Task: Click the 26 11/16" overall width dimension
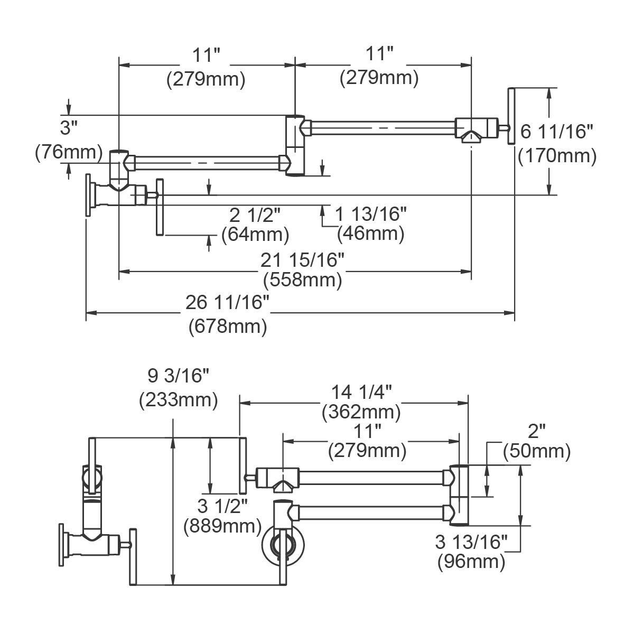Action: (x=228, y=303)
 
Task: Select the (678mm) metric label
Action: (x=228, y=327)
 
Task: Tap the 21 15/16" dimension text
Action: (x=303, y=260)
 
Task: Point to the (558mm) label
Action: (x=303, y=279)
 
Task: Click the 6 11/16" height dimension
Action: (x=557, y=131)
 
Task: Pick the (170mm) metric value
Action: (x=557, y=155)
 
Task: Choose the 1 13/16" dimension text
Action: (x=371, y=214)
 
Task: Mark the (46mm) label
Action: (x=370, y=232)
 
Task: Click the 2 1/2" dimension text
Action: (x=255, y=214)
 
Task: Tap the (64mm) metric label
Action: (x=255, y=233)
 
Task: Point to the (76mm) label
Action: (x=69, y=152)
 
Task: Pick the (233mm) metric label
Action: (x=179, y=400)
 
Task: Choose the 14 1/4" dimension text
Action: (x=362, y=392)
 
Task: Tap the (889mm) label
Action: (x=222, y=526)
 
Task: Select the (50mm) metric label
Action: (x=537, y=451)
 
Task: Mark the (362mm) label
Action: (x=362, y=411)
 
